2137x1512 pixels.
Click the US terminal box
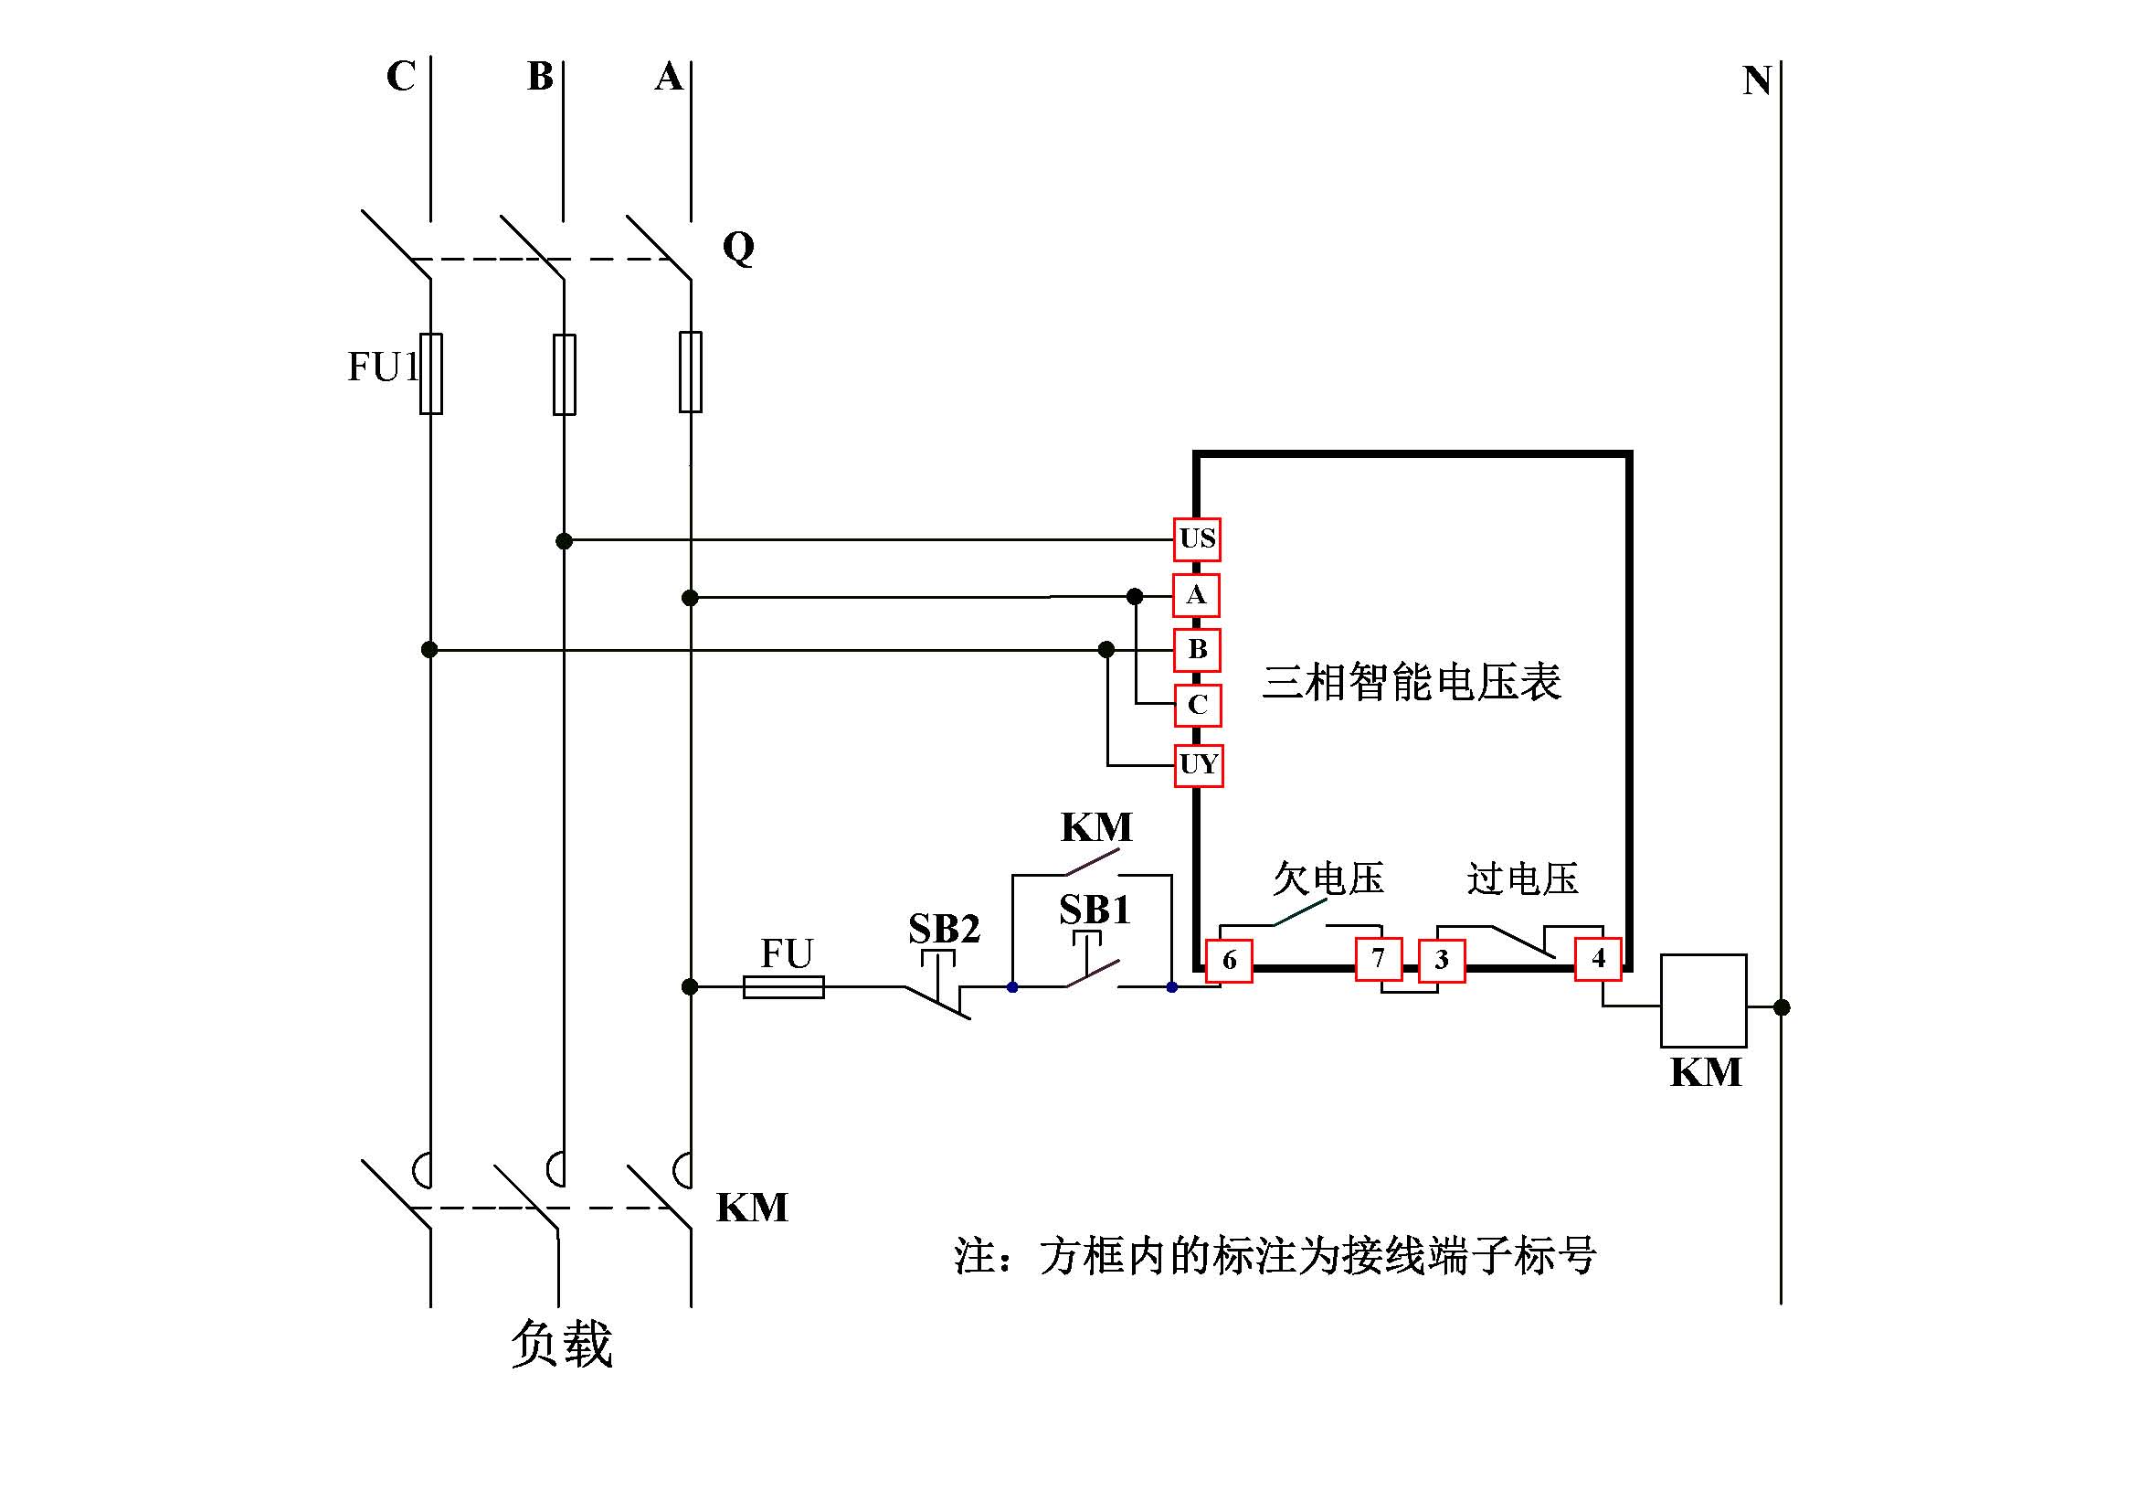click(x=1197, y=539)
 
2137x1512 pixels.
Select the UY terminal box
click(x=1198, y=765)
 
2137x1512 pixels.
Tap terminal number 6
click(x=1229, y=960)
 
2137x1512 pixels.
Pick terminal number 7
click(x=1379, y=958)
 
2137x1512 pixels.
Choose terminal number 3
click(x=1442, y=960)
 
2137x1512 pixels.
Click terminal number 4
click(x=1598, y=958)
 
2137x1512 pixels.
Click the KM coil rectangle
click(x=1703, y=1001)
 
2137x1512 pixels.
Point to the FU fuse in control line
click(x=784, y=987)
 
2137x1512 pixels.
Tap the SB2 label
click(x=944, y=928)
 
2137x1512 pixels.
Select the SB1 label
click(x=1095, y=910)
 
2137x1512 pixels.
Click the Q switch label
click(x=738, y=248)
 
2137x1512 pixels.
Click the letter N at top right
click(x=1756, y=81)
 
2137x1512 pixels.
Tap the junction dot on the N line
click(x=1782, y=1006)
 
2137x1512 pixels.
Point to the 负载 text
click(x=561, y=1344)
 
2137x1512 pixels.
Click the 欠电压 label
click(x=1328, y=878)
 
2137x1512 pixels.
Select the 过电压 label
click(x=1523, y=878)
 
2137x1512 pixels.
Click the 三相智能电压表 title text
click(x=1411, y=682)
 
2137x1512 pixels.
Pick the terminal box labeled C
click(x=1198, y=705)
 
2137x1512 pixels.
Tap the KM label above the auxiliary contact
click(x=1096, y=826)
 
